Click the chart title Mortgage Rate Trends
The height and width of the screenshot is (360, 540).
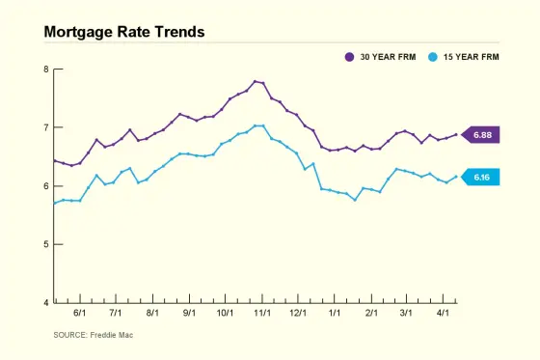click(124, 32)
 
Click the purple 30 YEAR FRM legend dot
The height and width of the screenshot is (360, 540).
click(350, 58)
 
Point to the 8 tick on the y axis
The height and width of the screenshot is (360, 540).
click(45, 69)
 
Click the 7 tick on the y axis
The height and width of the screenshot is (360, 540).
click(45, 127)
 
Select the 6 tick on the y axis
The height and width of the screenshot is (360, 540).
click(45, 186)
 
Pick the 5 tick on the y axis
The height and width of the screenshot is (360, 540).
click(45, 244)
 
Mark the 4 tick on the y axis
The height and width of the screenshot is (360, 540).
click(45, 303)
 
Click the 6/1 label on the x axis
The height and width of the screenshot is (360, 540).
click(79, 314)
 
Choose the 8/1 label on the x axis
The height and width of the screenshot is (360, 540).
click(151, 314)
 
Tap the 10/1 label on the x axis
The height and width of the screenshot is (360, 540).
click(225, 314)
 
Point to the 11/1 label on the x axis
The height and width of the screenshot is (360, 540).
click(261, 314)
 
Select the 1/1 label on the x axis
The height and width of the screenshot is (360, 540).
click(335, 314)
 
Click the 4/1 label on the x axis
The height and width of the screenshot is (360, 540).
click(443, 314)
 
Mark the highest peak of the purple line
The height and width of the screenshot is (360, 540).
click(255, 81)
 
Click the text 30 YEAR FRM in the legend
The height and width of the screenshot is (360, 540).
click(388, 58)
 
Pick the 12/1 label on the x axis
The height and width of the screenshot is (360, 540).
click(298, 314)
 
